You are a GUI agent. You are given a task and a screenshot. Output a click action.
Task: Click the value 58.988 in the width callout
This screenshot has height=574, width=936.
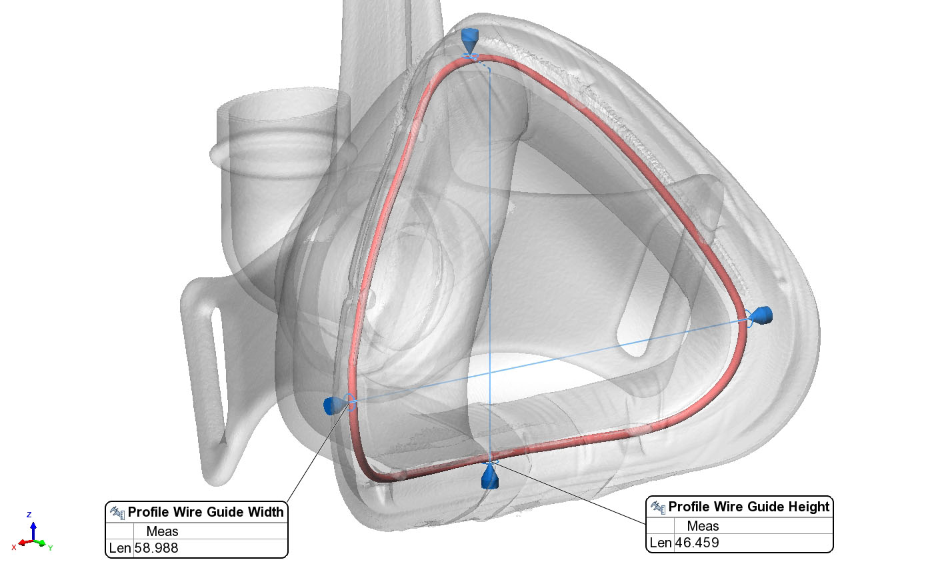point(156,548)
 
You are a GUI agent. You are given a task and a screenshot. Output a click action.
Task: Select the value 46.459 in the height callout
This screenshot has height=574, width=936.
point(697,543)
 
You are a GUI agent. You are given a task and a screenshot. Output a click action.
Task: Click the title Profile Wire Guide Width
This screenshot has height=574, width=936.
point(205,512)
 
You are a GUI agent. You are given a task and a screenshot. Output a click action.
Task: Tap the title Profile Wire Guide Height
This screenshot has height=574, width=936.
point(749,506)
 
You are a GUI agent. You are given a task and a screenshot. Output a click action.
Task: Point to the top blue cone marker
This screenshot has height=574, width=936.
point(470,40)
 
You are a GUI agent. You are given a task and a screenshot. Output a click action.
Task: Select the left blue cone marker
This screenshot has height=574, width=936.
point(335,405)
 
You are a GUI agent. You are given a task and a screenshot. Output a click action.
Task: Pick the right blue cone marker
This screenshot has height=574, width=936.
point(761,315)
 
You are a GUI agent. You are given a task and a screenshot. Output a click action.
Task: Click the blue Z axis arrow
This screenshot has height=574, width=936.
point(33,531)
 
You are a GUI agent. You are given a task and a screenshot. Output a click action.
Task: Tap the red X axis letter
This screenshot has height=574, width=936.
point(14,547)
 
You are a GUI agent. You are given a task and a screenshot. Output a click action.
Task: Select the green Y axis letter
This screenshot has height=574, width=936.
point(50,548)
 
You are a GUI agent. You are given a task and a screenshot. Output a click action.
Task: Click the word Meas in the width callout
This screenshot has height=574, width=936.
point(162,531)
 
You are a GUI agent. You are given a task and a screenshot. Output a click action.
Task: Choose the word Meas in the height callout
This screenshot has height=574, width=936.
point(703,525)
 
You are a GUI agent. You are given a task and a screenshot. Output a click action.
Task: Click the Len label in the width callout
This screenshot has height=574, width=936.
point(120,548)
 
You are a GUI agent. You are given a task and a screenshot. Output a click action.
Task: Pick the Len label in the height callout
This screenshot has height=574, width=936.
point(661,543)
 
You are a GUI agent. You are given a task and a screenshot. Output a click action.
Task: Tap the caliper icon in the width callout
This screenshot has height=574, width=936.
point(117,512)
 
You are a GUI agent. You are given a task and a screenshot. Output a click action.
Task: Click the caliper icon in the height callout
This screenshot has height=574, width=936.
point(658,507)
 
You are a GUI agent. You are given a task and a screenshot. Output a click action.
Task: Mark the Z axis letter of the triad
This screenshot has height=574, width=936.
point(29,515)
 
